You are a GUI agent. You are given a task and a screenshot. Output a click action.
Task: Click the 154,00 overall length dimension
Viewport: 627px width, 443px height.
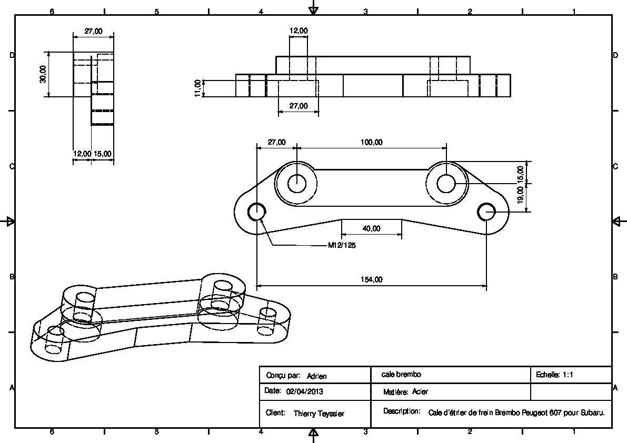(x=372, y=279)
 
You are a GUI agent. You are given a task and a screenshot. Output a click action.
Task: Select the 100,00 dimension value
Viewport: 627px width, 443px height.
(x=372, y=142)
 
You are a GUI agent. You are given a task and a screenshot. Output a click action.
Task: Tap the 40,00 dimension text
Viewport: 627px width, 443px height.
(x=371, y=228)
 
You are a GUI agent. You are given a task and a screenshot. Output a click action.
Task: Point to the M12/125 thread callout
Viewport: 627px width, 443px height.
(x=342, y=245)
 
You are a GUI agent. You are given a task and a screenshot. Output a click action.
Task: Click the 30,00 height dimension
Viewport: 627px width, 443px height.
(x=43, y=74)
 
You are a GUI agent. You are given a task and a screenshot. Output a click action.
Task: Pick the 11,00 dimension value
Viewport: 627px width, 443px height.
(x=197, y=88)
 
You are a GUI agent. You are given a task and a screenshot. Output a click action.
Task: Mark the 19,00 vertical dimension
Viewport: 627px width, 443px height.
(x=520, y=195)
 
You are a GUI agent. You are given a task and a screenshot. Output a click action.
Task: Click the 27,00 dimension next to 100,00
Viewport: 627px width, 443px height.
(x=277, y=142)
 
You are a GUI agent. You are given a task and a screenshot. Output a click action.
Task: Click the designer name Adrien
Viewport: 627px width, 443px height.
(x=317, y=376)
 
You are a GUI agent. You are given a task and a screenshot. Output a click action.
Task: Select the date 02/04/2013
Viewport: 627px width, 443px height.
(x=305, y=391)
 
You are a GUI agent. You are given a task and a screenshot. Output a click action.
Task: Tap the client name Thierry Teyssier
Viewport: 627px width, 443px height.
(x=319, y=414)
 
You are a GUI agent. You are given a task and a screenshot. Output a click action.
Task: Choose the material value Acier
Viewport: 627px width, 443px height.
(x=420, y=391)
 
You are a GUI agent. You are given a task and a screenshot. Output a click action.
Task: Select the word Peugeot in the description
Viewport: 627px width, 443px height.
(x=535, y=412)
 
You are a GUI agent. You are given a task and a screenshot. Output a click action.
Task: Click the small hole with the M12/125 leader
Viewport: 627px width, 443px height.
(x=256, y=212)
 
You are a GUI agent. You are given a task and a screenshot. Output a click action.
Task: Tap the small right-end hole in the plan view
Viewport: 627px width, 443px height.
(x=486, y=212)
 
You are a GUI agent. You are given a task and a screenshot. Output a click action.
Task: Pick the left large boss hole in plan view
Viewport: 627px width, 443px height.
(x=296, y=183)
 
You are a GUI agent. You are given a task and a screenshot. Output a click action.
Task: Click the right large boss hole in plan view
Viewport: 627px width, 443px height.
(x=446, y=183)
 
